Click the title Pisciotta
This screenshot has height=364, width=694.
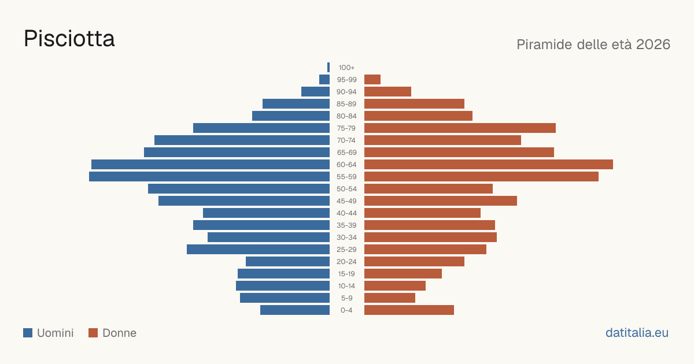pos(69,39)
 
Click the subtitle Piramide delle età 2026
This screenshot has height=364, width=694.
pos(593,44)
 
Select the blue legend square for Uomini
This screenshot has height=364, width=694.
pos(28,333)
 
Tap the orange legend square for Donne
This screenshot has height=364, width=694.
pos(93,333)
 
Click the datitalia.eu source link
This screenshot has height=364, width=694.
pos(637,333)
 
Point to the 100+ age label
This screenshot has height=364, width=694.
pos(346,68)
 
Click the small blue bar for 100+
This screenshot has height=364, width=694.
pos(328,67)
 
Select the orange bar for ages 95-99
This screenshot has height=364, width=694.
pos(372,80)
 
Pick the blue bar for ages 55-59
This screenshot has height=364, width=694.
pos(209,176)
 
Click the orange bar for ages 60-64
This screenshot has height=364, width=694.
pos(489,164)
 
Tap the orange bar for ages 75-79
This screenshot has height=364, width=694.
pos(460,128)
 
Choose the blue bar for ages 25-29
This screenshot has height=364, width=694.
pos(258,250)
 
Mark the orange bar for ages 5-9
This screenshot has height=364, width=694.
pos(390,298)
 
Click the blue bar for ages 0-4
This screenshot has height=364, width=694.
pos(295,310)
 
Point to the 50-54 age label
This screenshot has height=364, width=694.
pos(346,189)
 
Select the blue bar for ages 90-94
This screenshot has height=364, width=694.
pos(315,92)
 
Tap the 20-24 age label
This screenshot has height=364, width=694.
pos(346,262)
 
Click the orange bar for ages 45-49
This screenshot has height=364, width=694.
pos(441,201)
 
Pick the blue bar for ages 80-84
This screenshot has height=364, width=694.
pos(291,116)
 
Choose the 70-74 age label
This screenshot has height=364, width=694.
pos(346,140)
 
